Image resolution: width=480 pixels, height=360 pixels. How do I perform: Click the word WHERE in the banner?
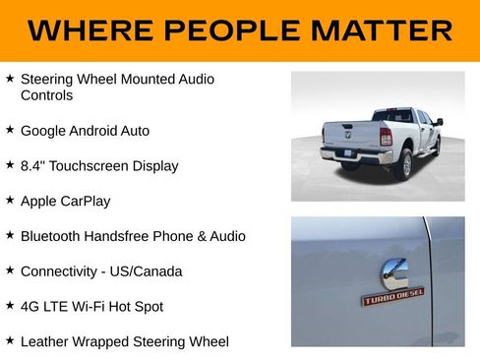coord(85,30)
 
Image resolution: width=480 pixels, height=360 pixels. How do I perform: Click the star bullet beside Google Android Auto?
coord(10,129)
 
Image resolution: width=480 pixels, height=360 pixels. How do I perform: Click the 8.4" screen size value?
coord(34,165)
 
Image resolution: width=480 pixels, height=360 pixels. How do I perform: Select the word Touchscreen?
coord(92,165)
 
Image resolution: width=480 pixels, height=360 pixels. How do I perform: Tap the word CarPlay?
coord(84,201)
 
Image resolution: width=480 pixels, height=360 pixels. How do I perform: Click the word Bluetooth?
coord(51,236)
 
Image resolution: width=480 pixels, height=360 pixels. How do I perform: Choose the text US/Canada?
coord(150,271)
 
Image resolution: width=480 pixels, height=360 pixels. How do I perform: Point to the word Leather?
coord(45,342)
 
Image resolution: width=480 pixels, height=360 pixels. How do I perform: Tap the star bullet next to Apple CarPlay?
coord(10,200)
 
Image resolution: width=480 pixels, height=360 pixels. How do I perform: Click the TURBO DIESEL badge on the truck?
coord(392,296)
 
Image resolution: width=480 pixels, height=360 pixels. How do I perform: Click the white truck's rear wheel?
coord(404,165)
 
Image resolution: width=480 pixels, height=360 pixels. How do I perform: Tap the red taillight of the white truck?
coord(386,137)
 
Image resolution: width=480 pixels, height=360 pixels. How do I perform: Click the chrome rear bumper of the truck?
coord(355,154)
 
